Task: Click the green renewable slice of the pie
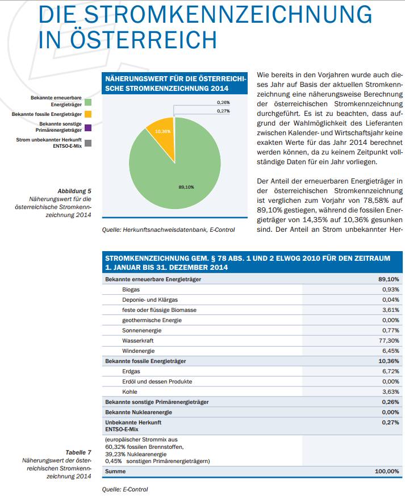177,171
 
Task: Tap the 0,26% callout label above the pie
223,102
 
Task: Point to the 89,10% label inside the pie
186,187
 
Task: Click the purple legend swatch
88,128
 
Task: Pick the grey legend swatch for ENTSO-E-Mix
88,143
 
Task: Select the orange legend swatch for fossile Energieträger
88,114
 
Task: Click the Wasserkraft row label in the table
138,341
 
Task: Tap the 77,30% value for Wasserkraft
389,341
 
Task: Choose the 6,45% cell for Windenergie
390,351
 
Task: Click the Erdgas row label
131,372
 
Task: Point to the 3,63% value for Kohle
390,391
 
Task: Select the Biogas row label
131,289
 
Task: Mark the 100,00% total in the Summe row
387,472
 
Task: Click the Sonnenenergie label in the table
141,331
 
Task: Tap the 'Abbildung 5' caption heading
74,191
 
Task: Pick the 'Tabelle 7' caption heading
78,452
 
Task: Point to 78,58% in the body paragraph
376,201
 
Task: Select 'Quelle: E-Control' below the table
125,489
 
